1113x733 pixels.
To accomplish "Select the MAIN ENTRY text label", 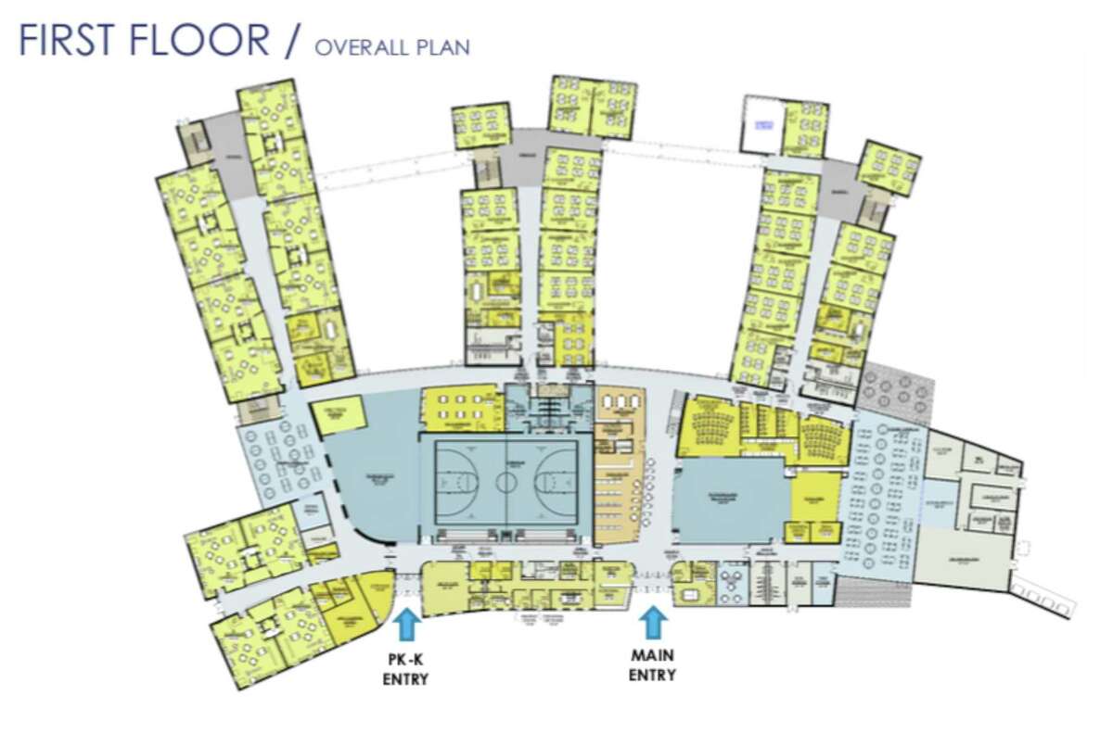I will (x=653, y=665).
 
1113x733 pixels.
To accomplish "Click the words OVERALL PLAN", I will (x=391, y=46).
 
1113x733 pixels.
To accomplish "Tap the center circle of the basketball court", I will (x=506, y=482).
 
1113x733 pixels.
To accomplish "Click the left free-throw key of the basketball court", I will (x=452, y=482).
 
